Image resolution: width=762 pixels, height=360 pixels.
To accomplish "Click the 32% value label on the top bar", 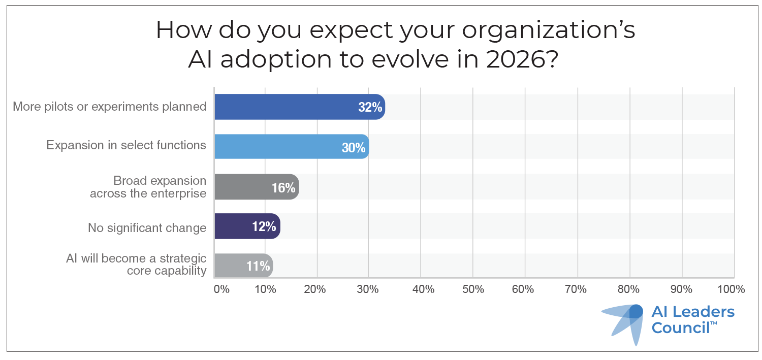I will [369, 108].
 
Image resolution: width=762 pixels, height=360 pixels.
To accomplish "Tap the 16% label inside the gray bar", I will [283, 187].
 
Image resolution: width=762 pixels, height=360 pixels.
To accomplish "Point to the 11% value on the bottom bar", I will [258, 266].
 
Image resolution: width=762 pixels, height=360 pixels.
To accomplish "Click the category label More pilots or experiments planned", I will [109, 107].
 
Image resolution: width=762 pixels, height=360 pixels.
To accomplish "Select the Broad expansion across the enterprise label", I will [148, 187].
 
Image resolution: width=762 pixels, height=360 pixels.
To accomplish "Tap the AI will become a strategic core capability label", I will [136, 264].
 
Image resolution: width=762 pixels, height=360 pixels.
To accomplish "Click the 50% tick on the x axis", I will [473, 289].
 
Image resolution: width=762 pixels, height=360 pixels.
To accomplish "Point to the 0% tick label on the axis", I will [221, 289].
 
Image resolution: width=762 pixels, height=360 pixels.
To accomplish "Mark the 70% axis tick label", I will [577, 289].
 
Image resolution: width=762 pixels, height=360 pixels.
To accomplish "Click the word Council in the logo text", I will [681, 328].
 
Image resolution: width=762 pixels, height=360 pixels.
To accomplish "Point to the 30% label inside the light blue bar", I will [354, 148].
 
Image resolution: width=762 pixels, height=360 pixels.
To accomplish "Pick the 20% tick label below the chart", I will [315, 289].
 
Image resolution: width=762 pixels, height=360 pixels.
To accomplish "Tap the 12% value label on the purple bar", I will [264, 227].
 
